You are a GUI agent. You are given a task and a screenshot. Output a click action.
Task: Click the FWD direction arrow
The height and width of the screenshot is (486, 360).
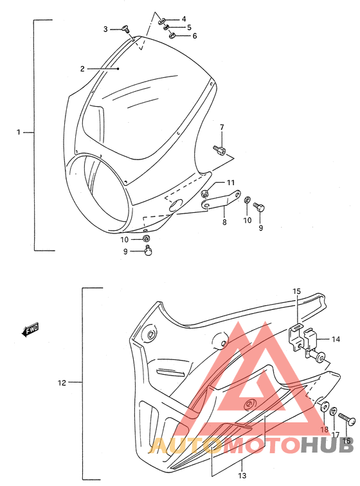coord(30,330)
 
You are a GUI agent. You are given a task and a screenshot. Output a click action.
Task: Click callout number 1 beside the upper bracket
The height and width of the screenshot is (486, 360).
coord(19,132)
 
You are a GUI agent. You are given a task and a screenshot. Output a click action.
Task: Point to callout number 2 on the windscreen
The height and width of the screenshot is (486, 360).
coord(82,69)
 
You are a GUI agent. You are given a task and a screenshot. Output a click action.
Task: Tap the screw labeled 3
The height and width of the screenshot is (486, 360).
coord(126,29)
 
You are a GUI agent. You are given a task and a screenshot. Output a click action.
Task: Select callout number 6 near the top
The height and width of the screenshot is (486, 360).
coord(194,36)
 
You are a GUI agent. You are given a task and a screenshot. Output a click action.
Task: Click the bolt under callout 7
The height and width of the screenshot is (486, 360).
coord(219,150)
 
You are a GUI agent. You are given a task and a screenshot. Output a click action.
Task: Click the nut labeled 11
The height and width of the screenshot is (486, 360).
coord(204,194)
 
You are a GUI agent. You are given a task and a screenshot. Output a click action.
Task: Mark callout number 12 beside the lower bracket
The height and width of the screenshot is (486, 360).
coord(62,382)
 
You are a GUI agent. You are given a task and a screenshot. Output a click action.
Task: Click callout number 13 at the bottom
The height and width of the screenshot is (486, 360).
coord(242,476)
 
